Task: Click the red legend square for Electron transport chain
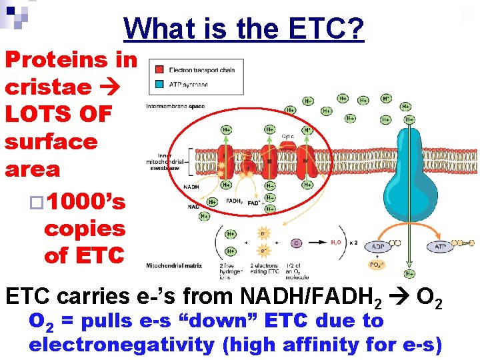[x=159, y=70]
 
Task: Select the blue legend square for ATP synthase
[x=159, y=84]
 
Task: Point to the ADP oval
[x=377, y=247]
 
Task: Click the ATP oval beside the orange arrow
[x=440, y=247]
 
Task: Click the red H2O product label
[x=338, y=243]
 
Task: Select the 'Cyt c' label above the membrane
[x=288, y=136]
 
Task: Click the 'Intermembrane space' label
[x=175, y=106]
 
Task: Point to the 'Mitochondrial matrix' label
[x=174, y=265]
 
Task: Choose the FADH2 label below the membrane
[x=233, y=201]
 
